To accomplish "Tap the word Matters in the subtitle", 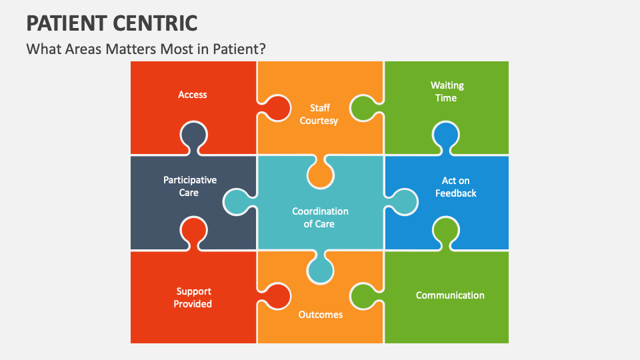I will coord(132,49).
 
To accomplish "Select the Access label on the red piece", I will coord(193,95).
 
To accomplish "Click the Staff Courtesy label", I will coord(319,114).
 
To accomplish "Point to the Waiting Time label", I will coord(447,91).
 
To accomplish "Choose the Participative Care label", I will coord(189,186).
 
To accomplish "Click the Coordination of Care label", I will coord(320,217).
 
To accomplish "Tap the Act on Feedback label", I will coord(456,187).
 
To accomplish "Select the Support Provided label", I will coord(193,297).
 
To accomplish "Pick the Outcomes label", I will coord(320,315).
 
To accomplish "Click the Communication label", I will coord(450,295).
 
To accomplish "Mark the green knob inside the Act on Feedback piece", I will coord(447,231).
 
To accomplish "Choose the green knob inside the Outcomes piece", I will coord(364,296).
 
